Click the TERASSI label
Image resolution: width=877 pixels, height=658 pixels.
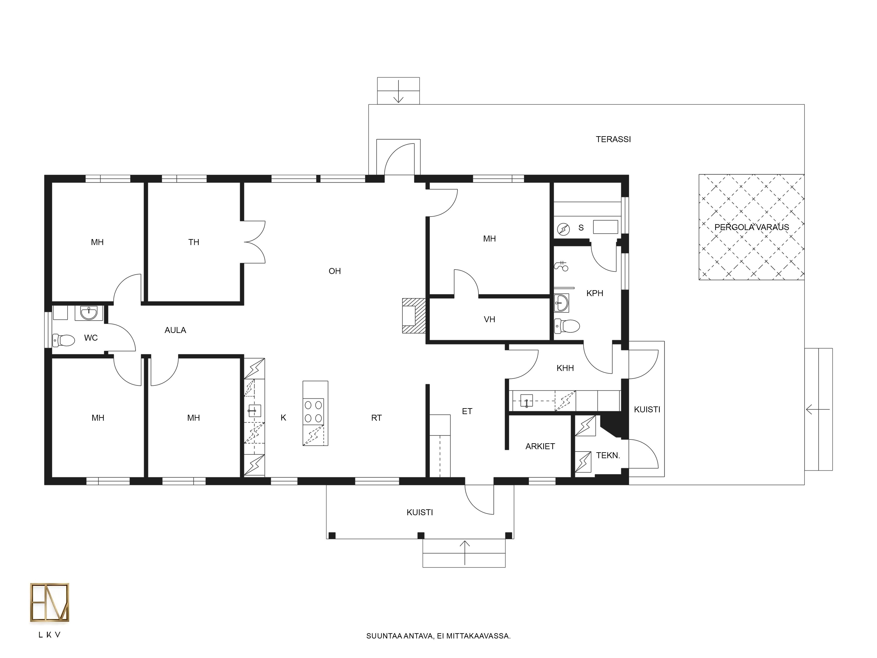click(x=613, y=139)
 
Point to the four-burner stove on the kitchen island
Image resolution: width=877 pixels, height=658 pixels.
click(x=314, y=411)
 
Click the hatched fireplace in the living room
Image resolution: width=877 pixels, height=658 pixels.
click(x=414, y=316)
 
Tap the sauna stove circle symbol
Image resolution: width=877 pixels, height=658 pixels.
click(x=563, y=229)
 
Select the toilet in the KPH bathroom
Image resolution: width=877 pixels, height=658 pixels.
click(x=567, y=326)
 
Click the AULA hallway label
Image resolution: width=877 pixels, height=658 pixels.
click(x=175, y=330)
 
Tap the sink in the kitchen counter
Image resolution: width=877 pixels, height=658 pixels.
click(x=254, y=411)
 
